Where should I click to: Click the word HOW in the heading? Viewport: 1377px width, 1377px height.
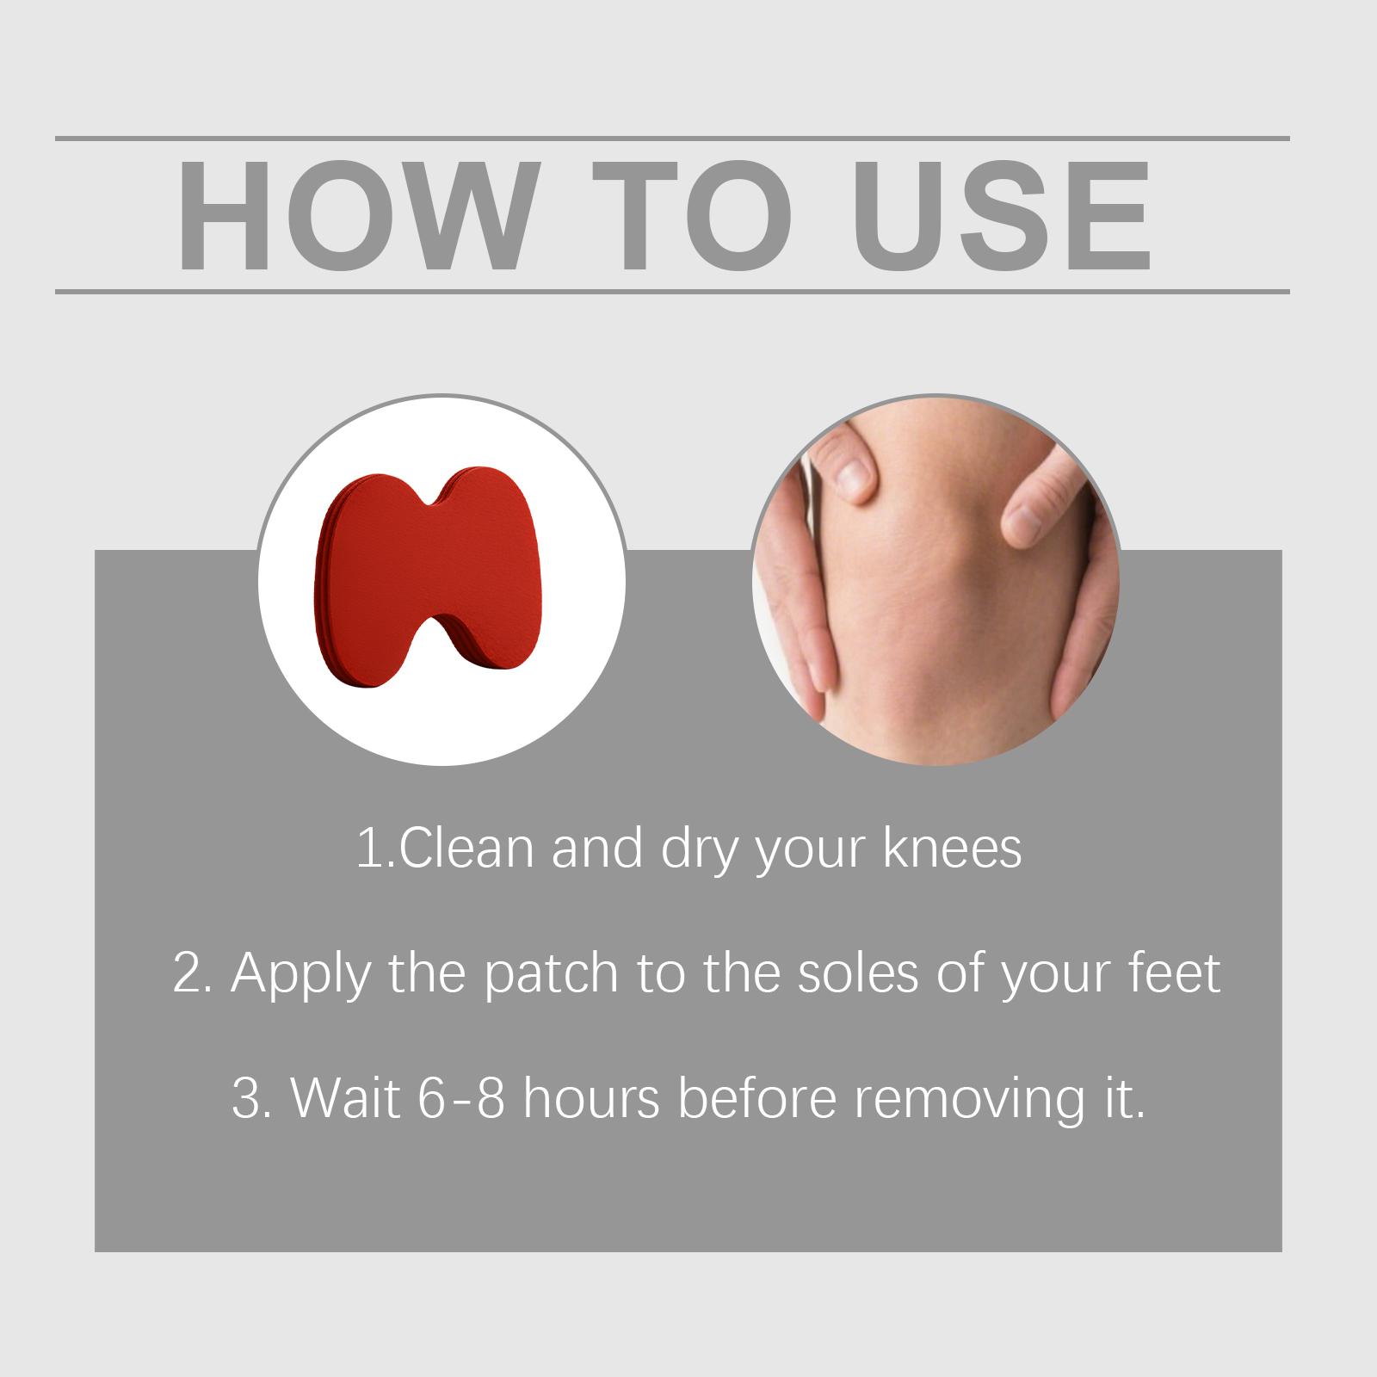click(355, 216)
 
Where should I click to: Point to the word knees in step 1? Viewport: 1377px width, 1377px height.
click(953, 849)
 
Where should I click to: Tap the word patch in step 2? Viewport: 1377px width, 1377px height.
click(551, 974)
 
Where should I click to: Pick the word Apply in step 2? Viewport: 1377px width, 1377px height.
click(300, 974)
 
